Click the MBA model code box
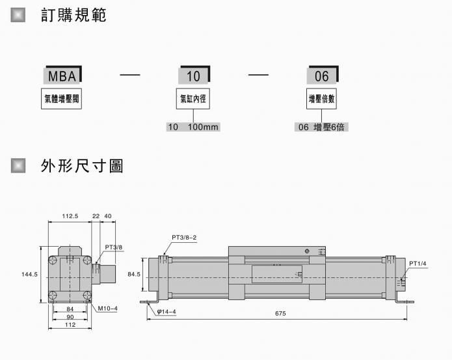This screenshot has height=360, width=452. [x=62, y=76]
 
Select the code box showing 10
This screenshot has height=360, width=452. [x=193, y=76]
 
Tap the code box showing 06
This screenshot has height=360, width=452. [x=322, y=76]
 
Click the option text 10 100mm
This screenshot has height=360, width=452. [x=193, y=127]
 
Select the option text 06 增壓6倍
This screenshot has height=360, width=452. [x=322, y=127]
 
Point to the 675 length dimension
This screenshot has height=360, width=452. [x=280, y=314]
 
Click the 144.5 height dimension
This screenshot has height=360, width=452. [x=29, y=275]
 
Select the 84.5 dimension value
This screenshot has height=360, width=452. [x=134, y=275]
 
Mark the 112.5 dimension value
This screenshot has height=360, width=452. [x=70, y=215]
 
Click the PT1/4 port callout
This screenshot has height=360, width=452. [x=417, y=263]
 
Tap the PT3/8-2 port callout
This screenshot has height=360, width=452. [x=184, y=237]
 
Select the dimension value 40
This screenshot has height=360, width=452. [x=108, y=215]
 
